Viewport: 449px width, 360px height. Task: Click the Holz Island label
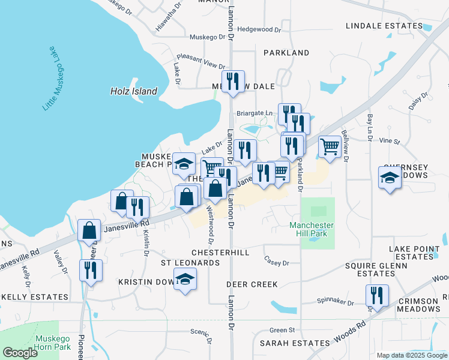click(x=133, y=92)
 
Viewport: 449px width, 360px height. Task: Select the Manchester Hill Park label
click(x=312, y=229)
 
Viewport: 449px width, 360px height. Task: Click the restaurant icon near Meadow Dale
click(x=232, y=81)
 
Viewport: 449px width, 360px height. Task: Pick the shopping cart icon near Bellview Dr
click(x=330, y=146)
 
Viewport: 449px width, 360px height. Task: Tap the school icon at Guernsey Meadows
click(x=390, y=178)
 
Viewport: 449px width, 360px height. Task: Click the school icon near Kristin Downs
click(x=185, y=279)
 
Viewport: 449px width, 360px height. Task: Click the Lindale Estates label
click(x=385, y=26)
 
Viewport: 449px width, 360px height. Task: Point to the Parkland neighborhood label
click(x=286, y=53)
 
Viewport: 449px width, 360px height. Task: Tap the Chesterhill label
click(x=220, y=253)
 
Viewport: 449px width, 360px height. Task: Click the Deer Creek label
click(x=252, y=284)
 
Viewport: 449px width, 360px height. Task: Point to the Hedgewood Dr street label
click(x=259, y=29)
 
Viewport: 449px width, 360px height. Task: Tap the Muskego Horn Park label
click(x=54, y=343)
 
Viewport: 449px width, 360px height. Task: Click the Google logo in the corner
click(x=20, y=353)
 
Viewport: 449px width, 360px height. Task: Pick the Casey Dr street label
click(x=277, y=262)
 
